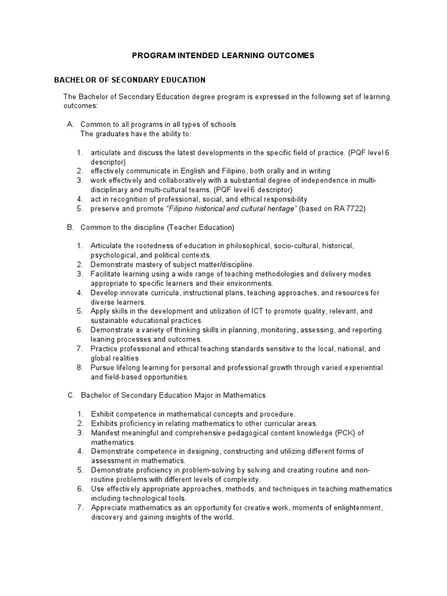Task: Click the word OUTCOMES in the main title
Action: point(286,55)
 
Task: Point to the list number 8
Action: point(79,368)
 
